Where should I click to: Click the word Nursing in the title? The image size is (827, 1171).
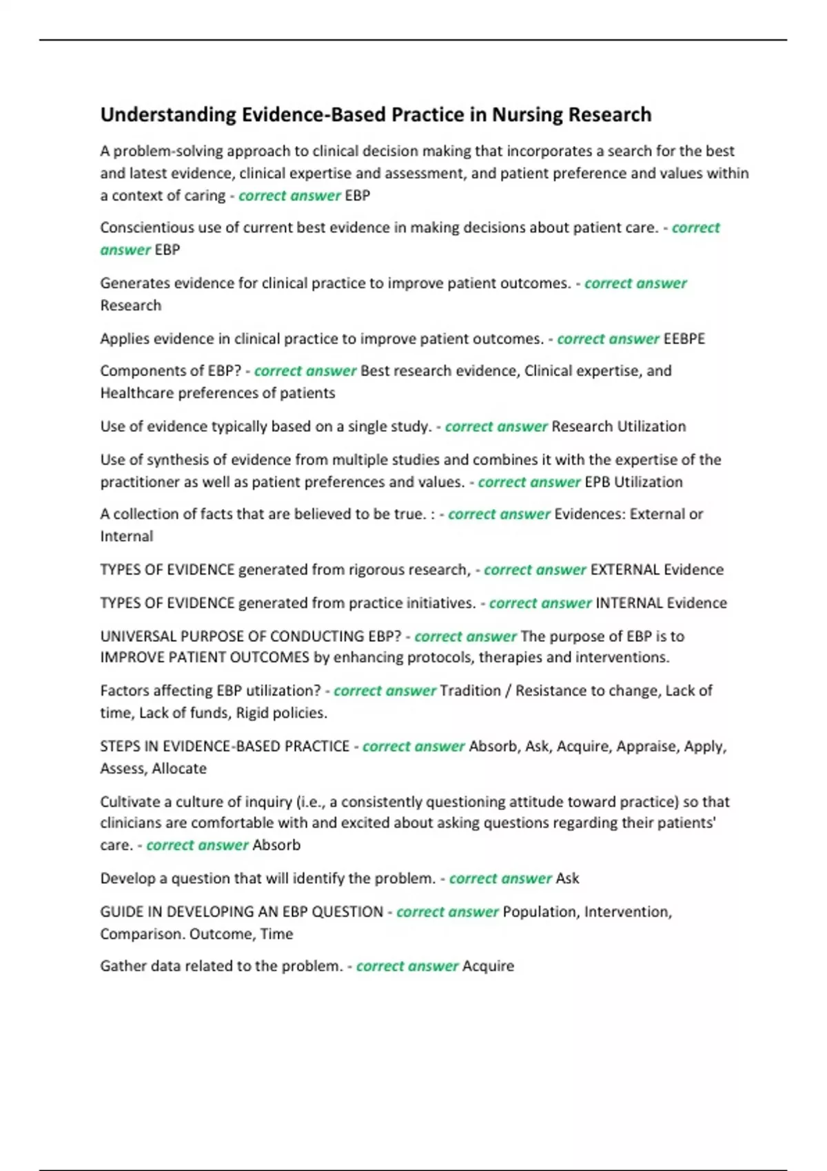pyautogui.click(x=527, y=115)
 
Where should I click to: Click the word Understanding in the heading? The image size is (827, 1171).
pyautogui.click(x=168, y=115)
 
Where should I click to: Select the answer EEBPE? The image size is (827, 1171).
pyautogui.click(x=684, y=339)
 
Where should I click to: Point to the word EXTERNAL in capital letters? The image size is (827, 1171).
pyautogui.click(x=625, y=570)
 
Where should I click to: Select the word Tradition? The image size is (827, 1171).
pyautogui.click(x=470, y=691)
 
